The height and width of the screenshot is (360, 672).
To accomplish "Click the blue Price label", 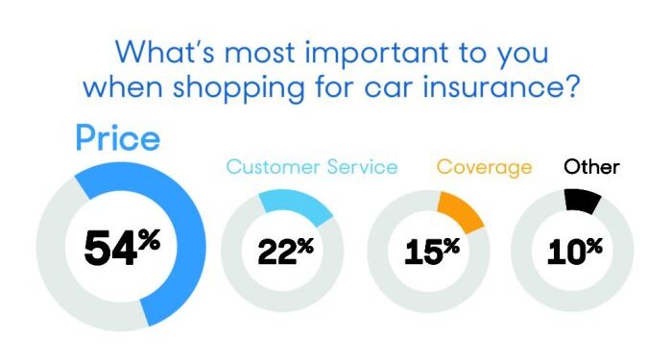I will pos(118,140).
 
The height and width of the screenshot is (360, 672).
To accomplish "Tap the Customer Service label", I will pos(311,167).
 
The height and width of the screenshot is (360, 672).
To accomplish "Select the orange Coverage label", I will pos(484,167).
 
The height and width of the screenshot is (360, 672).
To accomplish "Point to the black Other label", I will pos(591,167).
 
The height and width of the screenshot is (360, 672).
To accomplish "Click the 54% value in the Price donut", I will pos(120,248).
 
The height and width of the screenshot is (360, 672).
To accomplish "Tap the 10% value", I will pos(573,251).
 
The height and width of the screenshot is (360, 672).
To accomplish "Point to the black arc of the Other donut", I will pos(583,201).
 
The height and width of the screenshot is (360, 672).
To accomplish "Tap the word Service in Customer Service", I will pos(360,167).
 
